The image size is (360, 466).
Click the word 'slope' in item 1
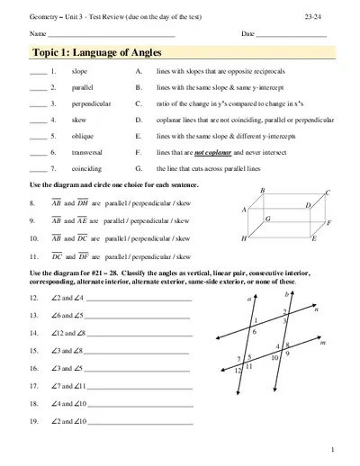point(79,71)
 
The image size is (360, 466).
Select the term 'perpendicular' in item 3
point(90,104)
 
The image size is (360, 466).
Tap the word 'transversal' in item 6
point(87,153)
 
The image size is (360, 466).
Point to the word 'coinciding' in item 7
point(86,169)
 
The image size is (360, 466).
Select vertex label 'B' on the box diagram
point(262,191)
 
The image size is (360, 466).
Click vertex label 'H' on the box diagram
point(244,239)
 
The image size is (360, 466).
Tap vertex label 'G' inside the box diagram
point(268,219)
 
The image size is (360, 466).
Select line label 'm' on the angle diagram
point(321,343)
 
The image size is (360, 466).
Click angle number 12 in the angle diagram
point(238,370)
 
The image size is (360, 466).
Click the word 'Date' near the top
point(248,33)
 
